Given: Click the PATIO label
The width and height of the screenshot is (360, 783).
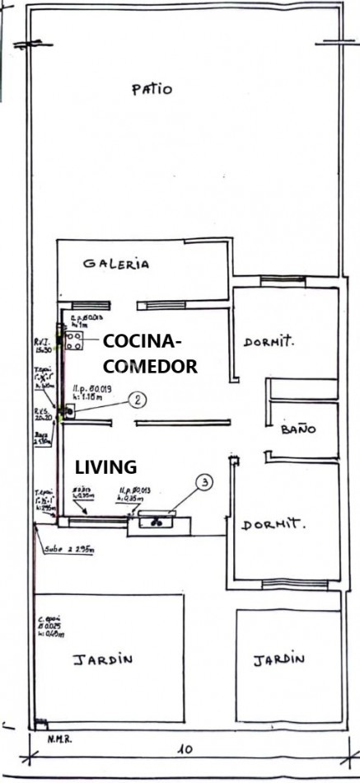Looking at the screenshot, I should (152, 89).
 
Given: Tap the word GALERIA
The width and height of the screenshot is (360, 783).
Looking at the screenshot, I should (116, 264).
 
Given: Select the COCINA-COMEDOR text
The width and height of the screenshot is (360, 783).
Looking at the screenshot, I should (150, 354).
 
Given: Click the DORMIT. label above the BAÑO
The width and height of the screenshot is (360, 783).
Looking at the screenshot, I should (269, 342).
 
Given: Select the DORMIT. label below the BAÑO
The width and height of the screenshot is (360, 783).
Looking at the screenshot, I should (274, 523).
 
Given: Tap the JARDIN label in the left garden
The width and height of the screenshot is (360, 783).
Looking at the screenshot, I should (102, 659).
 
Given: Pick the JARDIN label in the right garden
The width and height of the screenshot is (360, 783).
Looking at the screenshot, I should (278, 659).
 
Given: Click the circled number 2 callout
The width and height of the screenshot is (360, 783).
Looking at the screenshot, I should (139, 400).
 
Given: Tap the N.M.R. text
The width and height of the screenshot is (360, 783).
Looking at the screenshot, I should (59, 738).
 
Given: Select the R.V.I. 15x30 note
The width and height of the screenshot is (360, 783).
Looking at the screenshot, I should (44, 344).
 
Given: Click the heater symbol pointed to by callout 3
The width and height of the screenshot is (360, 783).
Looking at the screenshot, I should (157, 518).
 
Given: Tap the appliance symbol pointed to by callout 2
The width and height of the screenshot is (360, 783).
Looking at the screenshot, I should (70, 410).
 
